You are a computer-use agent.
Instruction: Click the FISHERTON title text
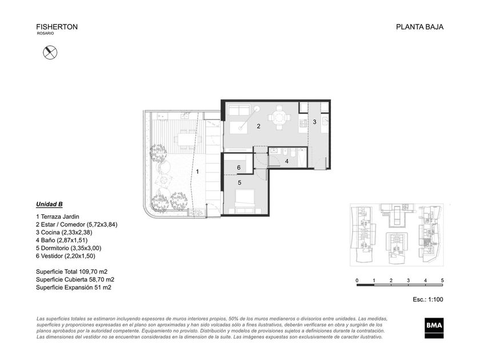[57, 27]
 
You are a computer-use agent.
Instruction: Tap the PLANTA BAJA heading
[419, 27]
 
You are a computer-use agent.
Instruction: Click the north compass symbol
[50, 53]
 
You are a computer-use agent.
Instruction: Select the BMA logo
[434, 328]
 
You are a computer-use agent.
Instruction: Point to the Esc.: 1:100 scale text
[427, 299]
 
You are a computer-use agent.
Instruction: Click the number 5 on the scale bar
[442, 280]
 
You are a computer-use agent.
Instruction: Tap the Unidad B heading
[49, 204]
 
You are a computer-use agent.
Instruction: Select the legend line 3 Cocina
[64, 233]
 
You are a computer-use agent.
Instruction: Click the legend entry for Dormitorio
[69, 248]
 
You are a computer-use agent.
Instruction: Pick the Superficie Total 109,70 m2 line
[71, 271]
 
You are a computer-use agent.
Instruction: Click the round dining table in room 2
[279, 118]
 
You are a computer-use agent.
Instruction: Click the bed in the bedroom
[245, 198]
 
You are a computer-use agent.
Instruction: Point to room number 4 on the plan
[286, 161]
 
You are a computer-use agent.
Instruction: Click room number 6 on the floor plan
[239, 168]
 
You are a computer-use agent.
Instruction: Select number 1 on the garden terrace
[198, 172]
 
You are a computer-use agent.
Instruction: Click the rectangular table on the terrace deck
[188, 141]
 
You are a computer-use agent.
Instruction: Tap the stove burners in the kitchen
[303, 123]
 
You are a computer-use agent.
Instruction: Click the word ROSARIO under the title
[45, 33]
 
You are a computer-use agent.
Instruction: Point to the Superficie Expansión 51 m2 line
[74, 287]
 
